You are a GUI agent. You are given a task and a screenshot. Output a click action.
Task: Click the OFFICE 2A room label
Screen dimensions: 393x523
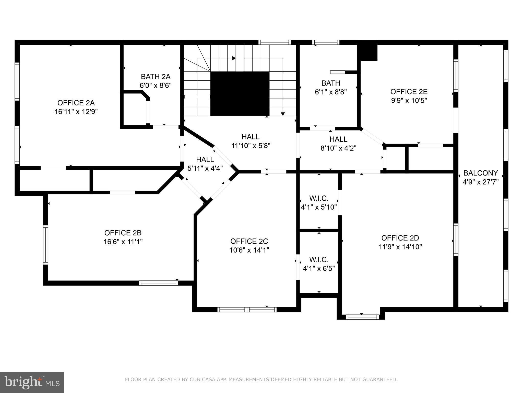pos(76,103)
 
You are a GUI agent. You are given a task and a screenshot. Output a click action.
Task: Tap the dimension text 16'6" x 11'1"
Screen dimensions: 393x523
pos(123,242)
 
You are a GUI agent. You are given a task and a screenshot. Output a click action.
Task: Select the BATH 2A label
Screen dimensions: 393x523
pos(156,77)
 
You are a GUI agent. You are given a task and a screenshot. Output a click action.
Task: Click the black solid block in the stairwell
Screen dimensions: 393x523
pos(240,93)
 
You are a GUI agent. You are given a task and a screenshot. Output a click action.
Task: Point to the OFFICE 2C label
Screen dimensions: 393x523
pos(249,241)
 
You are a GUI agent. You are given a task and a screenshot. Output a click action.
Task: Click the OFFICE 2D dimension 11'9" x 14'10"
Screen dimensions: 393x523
pos(400,247)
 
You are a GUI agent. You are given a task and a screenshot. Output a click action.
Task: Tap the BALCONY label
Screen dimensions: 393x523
pos(481,173)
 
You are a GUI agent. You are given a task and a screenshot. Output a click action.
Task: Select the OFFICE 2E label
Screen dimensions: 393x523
pos(409,92)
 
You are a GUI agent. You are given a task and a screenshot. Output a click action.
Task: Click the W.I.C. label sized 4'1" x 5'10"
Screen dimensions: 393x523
pos(319,198)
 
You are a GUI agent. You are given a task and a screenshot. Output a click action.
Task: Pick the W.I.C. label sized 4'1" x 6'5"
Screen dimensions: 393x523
pos(319,260)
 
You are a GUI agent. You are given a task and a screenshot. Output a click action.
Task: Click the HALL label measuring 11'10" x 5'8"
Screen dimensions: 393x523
pos(251,137)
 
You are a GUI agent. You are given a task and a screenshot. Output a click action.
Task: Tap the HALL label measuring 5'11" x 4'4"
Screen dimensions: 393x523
pos(205,160)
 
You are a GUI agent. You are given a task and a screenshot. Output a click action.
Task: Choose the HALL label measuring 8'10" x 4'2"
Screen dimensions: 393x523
pos(338,139)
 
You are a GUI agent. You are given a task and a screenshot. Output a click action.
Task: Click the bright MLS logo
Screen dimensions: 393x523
pos(32,382)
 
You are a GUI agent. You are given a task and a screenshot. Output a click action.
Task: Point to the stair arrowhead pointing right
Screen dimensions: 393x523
pos(234,58)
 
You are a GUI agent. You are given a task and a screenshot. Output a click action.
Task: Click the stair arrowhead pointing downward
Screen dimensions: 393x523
pos(283,114)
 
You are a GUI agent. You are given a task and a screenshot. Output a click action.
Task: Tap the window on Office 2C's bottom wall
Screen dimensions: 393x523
pos(247,310)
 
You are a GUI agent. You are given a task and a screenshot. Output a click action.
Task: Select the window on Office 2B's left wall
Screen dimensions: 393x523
pos(45,245)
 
